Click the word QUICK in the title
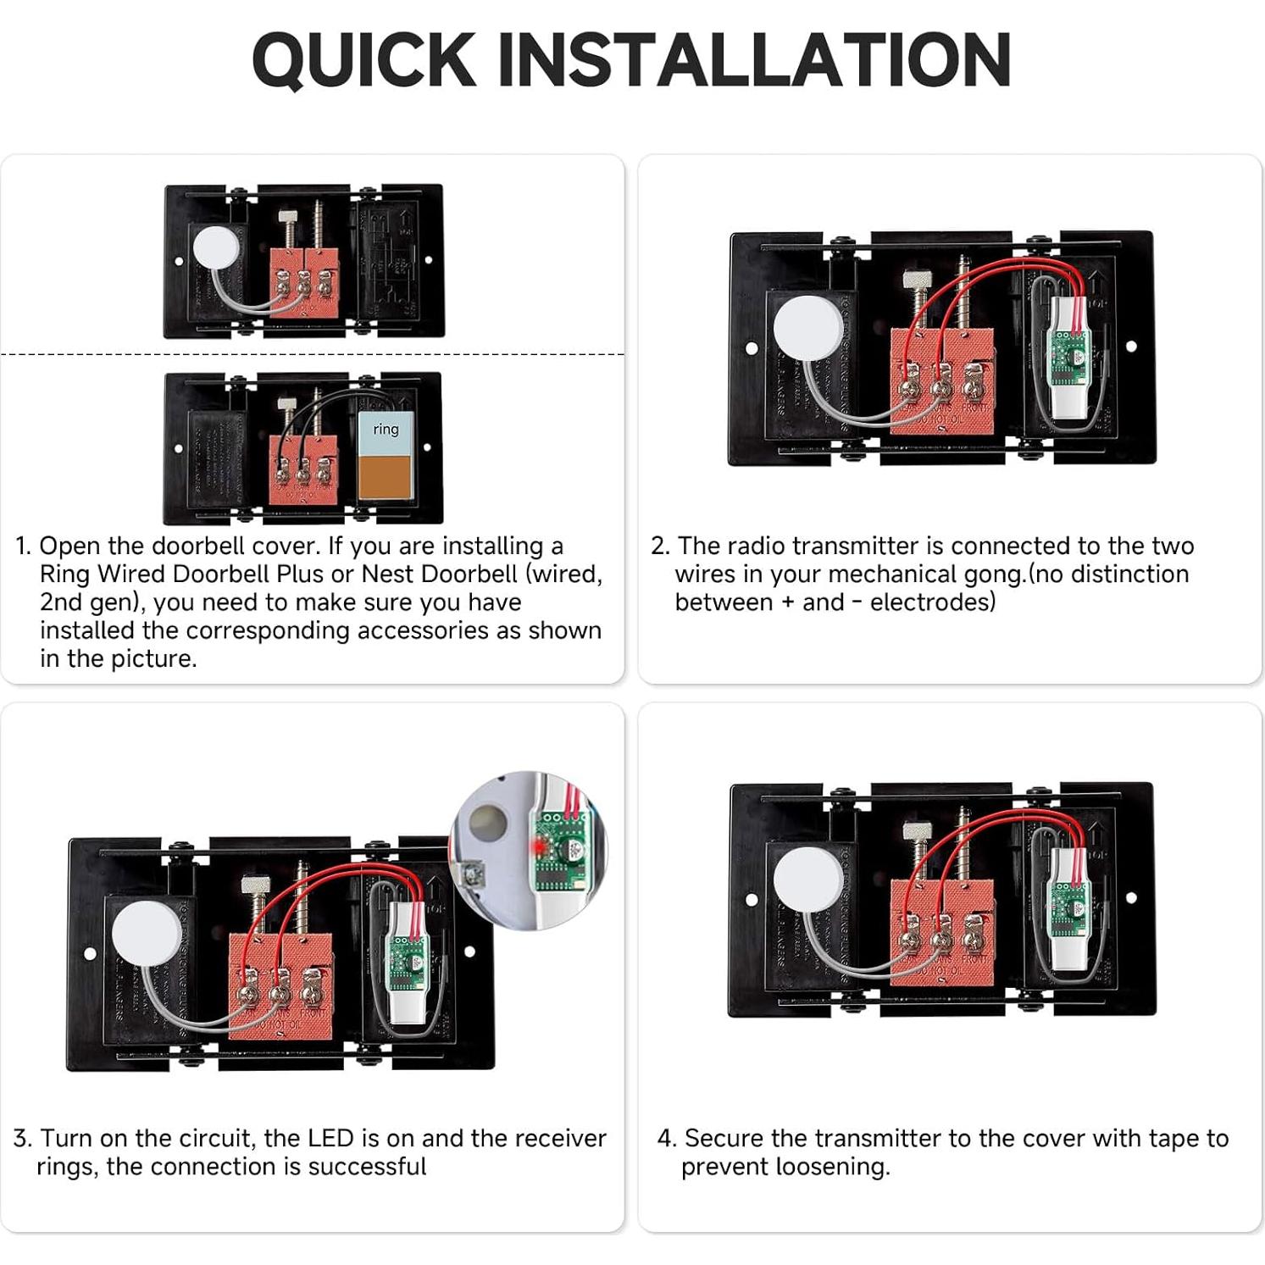(363, 59)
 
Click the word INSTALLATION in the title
(753, 59)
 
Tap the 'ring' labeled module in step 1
(386, 455)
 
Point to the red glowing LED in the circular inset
(537, 845)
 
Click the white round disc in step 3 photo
(147, 933)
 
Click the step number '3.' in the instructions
(22, 1138)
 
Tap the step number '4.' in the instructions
(667, 1138)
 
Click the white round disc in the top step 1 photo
(216, 248)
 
